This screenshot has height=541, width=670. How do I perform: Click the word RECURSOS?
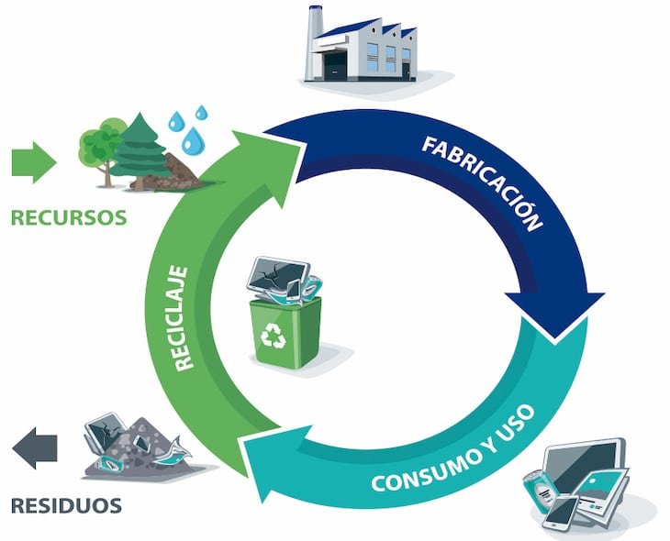69,217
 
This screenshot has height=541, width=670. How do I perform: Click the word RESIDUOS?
66,505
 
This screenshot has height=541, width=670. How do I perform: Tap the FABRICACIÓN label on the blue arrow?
483,182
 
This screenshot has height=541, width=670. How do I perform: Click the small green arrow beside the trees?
34,162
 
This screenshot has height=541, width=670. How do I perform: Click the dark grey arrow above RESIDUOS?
35,447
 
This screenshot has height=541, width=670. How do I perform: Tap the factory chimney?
314,43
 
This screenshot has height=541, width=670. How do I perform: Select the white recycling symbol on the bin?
273,336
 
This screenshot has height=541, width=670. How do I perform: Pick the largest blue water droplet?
193,140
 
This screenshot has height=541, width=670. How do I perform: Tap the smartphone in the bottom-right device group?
560,512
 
